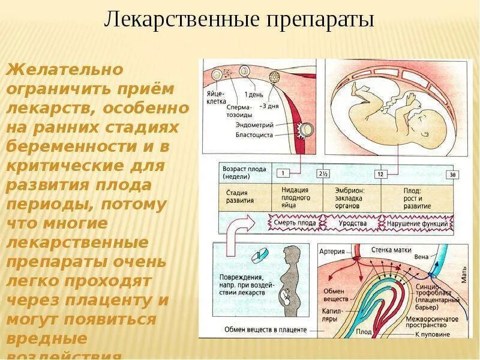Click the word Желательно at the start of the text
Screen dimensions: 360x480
(64, 69)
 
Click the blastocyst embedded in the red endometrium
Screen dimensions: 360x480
(304, 130)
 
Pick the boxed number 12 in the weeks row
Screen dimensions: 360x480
(380, 173)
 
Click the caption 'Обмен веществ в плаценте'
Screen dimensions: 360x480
(265, 329)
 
